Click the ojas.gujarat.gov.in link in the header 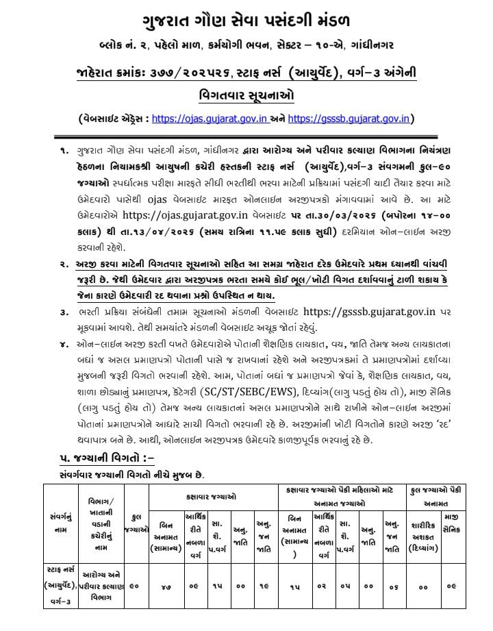click(x=210, y=118)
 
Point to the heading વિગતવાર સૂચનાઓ click(x=246, y=93)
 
